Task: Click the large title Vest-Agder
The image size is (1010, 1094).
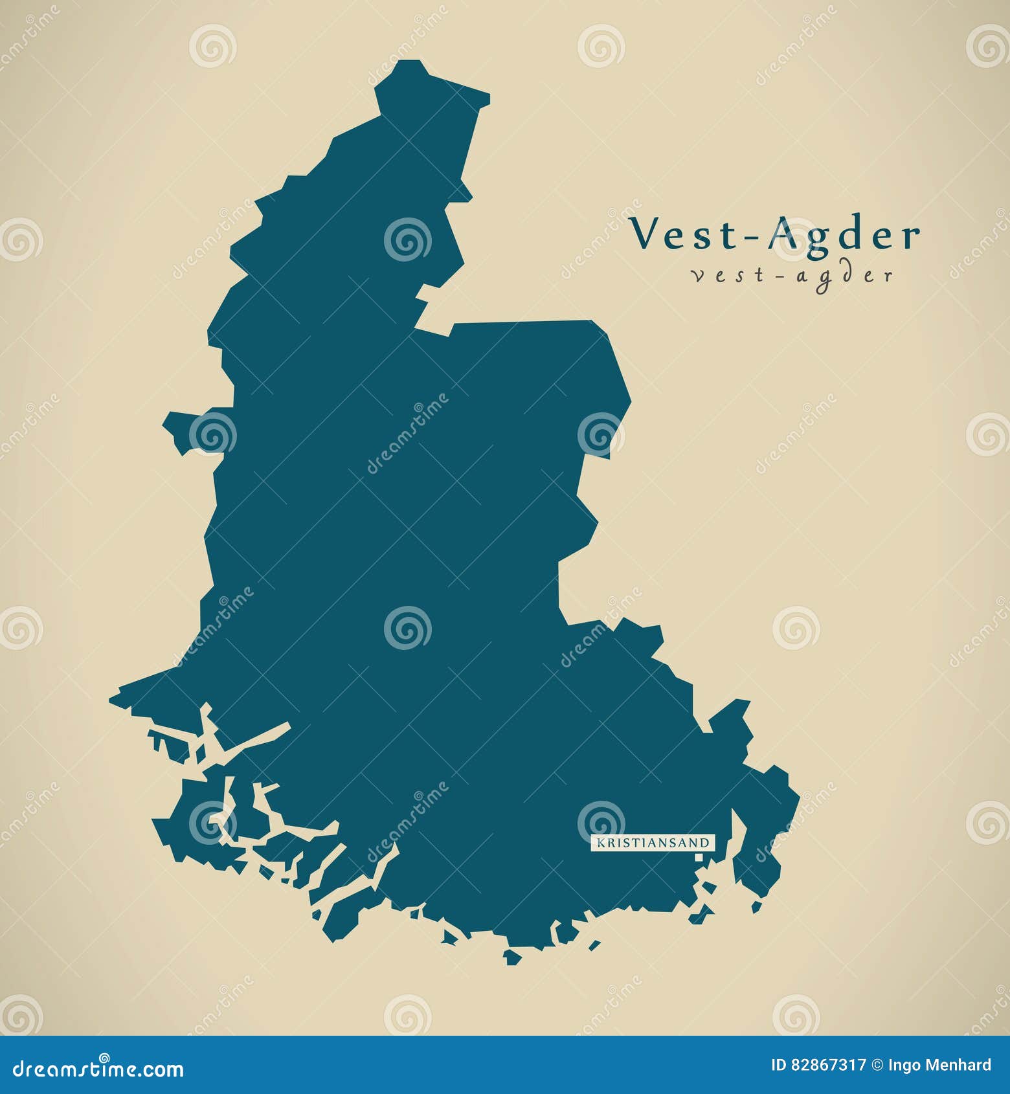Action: [x=775, y=234]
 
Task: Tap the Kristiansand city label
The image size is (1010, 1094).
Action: [x=653, y=843]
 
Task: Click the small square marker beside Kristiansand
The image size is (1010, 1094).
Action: [x=699, y=857]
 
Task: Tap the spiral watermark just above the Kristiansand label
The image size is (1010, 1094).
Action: [x=601, y=821]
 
